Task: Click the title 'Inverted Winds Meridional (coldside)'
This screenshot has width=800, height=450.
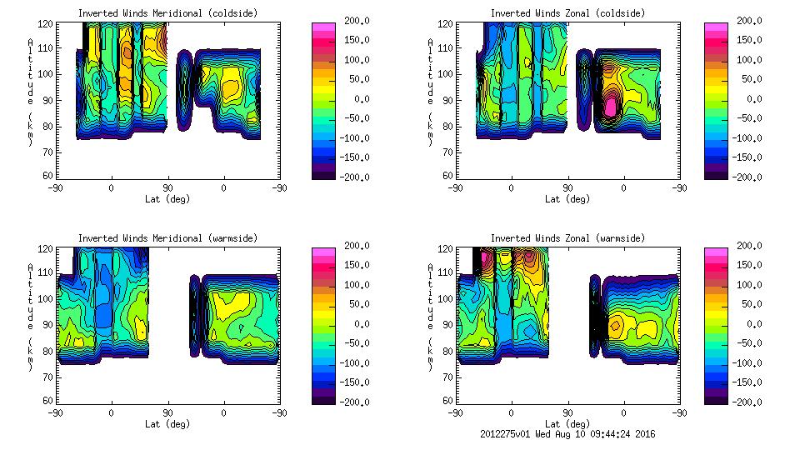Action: (168, 13)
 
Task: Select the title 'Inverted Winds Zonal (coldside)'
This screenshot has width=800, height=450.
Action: (567, 13)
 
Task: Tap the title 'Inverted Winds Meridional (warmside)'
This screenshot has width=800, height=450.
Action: (168, 238)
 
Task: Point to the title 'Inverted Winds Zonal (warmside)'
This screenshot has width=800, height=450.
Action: (567, 238)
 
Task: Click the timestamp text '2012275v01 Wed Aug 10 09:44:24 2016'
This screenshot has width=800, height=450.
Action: (567, 434)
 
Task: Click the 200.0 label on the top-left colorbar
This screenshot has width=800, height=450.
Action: (356, 20)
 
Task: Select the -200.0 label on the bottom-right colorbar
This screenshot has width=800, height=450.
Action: (747, 402)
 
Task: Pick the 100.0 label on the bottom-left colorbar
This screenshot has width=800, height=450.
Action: (356, 284)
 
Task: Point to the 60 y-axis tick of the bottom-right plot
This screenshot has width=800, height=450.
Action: (447, 401)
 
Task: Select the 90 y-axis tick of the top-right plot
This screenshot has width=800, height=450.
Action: (447, 100)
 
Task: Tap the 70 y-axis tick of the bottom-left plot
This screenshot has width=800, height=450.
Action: (47, 376)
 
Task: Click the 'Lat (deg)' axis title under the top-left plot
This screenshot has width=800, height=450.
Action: (168, 199)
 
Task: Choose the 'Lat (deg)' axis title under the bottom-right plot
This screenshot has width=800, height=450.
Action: (567, 423)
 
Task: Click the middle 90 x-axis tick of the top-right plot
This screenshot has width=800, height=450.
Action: (567, 188)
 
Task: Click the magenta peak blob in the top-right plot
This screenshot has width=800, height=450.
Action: (611, 106)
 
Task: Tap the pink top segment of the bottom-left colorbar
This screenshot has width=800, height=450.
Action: (322, 252)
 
